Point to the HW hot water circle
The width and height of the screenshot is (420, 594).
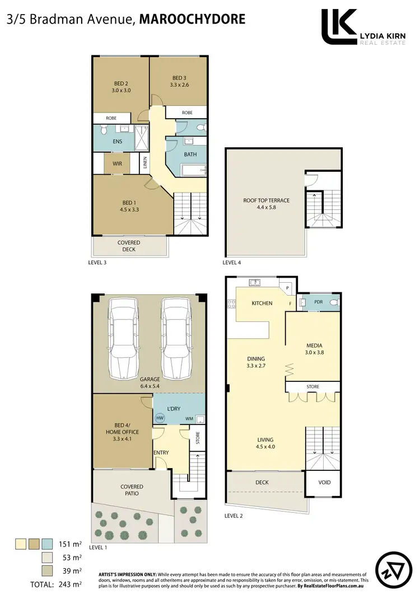click(x=160, y=418)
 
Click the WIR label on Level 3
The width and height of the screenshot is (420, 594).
click(x=117, y=163)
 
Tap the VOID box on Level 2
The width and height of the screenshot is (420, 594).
click(x=324, y=483)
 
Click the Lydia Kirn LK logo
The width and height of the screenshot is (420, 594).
click(x=339, y=26)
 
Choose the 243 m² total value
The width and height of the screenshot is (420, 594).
click(x=70, y=584)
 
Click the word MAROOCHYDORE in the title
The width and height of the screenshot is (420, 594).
click(x=192, y=20)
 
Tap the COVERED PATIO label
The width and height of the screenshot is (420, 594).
click(x=131, y=490)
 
